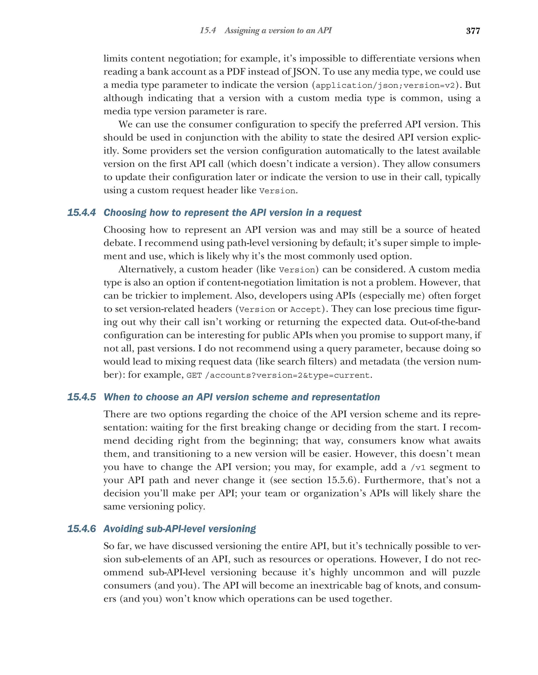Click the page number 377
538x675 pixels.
(473, 31)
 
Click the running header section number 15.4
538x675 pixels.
(208, 30)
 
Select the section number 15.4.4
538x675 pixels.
(81, 213)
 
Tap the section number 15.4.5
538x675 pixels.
(81, 397)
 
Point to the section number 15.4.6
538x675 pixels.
(81, 529)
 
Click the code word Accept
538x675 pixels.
(306, 310)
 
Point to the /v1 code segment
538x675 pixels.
(418, 468)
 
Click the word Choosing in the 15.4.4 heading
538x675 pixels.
(124, 213)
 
